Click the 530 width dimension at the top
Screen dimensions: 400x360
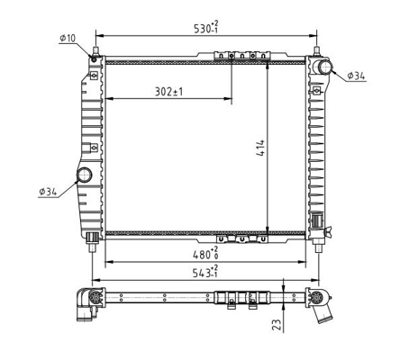206,28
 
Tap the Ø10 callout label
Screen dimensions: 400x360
68,38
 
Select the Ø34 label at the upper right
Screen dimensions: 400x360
356,76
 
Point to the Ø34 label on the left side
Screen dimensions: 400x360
48,192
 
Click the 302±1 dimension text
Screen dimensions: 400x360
168,92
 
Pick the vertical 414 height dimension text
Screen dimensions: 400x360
260,148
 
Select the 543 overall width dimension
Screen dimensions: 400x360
205,272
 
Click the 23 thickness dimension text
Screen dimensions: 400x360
277,325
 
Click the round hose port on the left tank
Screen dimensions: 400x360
85,175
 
